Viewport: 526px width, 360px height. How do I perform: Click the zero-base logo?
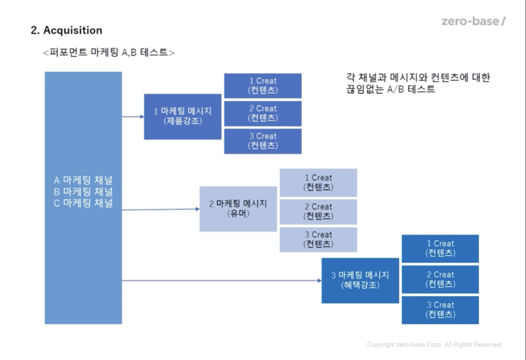[x=473, y=21]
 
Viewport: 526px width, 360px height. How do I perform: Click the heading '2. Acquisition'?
[x=67, y=30]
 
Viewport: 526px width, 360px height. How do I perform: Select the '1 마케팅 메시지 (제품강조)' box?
[x=182, y=116]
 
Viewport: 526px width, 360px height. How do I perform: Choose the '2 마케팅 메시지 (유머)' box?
[x=238, y=209]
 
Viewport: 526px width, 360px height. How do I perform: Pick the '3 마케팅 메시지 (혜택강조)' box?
[x=360, y=280]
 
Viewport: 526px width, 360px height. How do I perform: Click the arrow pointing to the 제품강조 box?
[x=133, y=117]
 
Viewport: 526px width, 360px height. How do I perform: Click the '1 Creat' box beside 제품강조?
[x=262, y=86]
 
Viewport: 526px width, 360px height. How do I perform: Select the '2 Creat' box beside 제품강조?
[x=262, y=113]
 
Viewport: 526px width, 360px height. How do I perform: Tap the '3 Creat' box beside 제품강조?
[x=262, y=141]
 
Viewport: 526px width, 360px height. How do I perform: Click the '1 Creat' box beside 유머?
[x=318, y=183]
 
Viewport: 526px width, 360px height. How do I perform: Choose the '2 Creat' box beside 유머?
[x=318, y=211]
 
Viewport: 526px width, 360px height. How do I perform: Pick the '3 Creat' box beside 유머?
[x=318, y=239]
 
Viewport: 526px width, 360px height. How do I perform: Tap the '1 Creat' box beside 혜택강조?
[x=440, y=248]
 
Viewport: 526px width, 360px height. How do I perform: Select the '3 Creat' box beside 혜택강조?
[x=440, y=310]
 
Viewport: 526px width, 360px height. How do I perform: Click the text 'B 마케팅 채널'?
[x=83, y=192]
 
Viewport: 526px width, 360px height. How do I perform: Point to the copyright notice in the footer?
[x=434, y=344]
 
